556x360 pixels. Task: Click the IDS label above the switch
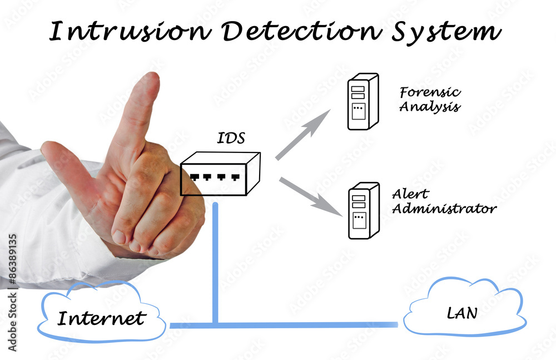(230, 137)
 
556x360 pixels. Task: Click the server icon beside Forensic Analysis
(362, 102)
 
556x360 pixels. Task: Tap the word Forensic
(430, 93)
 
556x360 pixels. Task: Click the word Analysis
(430, 106)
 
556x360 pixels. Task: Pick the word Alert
(410, 194)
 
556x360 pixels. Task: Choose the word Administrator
(444, 209)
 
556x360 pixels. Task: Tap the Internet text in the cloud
(101, 318)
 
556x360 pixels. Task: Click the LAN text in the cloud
(462, 313)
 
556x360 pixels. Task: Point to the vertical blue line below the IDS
(215, 262)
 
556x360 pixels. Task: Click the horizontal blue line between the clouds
(306, 324)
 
